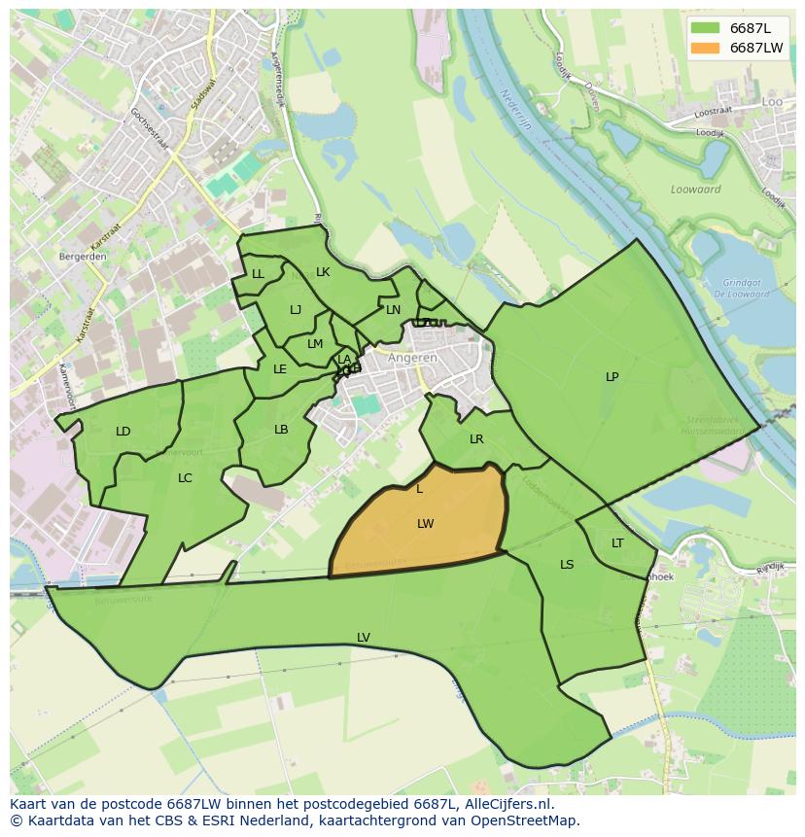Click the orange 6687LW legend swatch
click(706, 48)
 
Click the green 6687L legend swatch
click(706, 27)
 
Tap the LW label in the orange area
click(425, 524)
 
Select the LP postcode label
click(612, 377)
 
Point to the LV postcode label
click(363, 638)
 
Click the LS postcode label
click(567, 565)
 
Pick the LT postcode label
click(617, 543)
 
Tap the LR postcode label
click(476, 439)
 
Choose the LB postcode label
click(281, 430)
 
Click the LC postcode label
click(185, 478)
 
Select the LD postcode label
click(123, 432)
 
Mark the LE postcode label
click(280, 369)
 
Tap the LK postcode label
click(323, 272)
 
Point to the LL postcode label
click(258, 275)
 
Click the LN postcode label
click(393, 311)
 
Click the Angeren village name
click(412, 358)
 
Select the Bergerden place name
click(83, 257)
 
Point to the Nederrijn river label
click(517, 110)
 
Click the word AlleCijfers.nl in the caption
click(507, 804)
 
